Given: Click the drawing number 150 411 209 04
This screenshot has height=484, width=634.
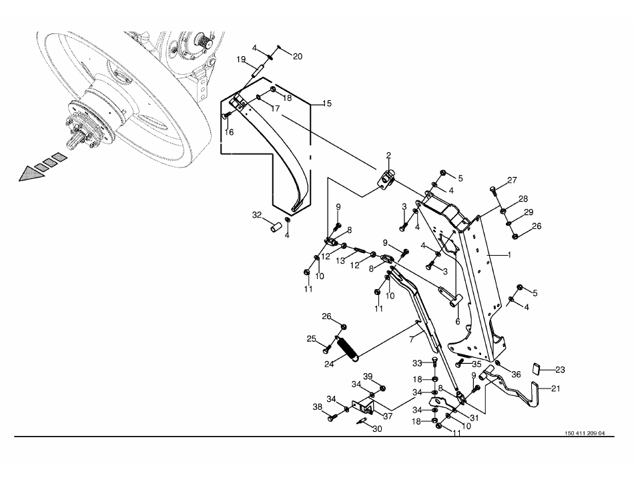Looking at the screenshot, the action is [585, 433].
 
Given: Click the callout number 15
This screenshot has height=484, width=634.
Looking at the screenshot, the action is [327, 103].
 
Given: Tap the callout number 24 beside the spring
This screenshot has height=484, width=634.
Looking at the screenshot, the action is [329, 364].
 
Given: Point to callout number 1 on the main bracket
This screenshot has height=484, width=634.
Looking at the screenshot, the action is [509, 255].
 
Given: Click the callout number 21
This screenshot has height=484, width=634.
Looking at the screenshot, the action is [556, 389].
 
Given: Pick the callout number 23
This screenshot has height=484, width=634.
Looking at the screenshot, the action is [560, 370].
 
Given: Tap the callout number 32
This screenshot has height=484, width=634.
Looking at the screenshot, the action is [257, 215].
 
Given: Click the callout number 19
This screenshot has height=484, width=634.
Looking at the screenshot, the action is [241, 60].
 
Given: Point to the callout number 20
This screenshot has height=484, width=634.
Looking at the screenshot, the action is [298, 57].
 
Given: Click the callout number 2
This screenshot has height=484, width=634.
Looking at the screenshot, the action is [388, 156].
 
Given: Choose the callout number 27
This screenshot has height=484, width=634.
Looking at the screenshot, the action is [513, 180].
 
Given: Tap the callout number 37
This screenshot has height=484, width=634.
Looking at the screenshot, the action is [388, 416].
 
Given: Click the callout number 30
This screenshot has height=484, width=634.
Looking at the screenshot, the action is [377, 429].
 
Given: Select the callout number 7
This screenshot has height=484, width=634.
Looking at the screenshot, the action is [412, 340].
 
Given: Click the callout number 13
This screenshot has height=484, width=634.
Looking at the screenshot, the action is [340, 261].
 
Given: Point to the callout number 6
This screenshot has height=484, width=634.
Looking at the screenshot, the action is [458, 322].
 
